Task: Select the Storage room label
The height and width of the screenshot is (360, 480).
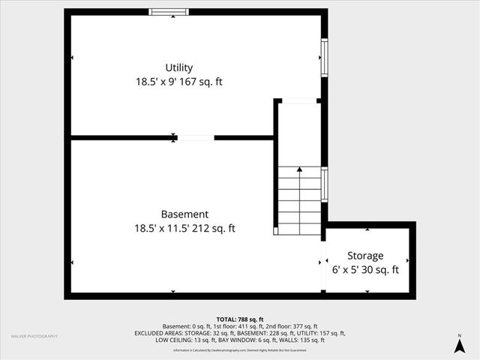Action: coord(365,256)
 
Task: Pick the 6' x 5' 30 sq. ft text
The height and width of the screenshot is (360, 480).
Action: coord(365,270)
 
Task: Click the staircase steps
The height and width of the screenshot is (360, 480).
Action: coord(300,199)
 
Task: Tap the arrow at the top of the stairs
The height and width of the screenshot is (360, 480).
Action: coord(300,170)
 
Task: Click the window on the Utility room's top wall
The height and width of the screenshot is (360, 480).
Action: coord(169,11)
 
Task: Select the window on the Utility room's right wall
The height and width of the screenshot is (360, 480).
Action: coord(324,57)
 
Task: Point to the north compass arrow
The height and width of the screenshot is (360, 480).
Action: coord(459,345)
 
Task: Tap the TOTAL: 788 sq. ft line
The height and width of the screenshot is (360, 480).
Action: coord(240,319)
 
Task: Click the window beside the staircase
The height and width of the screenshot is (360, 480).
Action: coord(324,184)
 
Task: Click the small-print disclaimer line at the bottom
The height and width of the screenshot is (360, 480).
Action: coord(240,350)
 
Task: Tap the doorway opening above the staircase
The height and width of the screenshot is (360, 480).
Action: coord(300,100)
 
